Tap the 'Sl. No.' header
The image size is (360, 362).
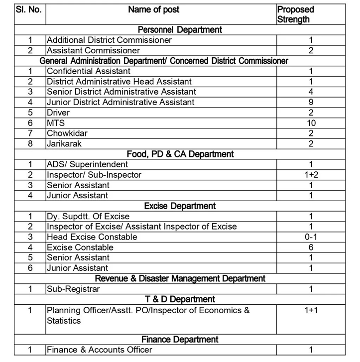point(30,9)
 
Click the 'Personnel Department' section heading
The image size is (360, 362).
point(180,30)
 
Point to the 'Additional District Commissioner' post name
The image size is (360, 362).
point(109,40)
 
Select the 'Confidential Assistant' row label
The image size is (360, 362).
point(82,71)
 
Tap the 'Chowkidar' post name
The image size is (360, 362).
point(66,133)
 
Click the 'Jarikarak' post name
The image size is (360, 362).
point(64,143)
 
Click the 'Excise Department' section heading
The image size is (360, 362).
point(180,206)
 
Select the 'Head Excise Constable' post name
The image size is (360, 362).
point(92,237)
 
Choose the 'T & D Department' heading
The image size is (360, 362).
point(180,299)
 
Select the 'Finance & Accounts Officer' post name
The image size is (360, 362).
point(100,350)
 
